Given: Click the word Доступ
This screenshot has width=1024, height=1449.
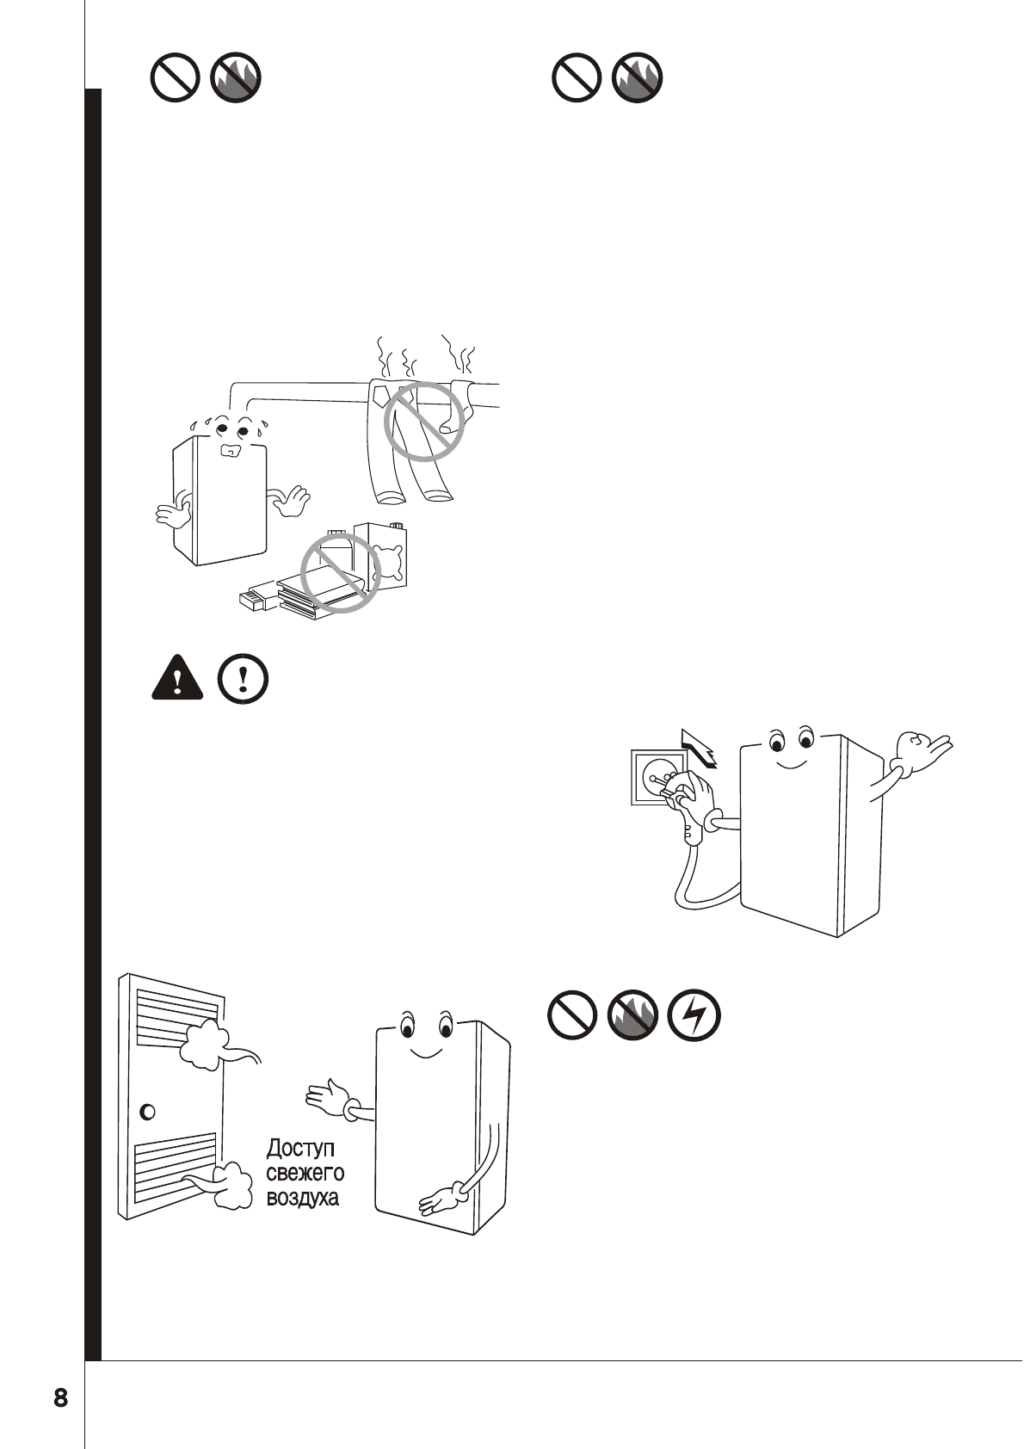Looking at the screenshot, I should coord(300,1148).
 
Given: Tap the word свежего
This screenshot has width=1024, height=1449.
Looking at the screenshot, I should coord(305,1172).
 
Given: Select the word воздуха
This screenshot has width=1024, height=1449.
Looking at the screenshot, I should coord(302,1197).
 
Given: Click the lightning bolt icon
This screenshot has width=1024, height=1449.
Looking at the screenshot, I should coord(694,1017).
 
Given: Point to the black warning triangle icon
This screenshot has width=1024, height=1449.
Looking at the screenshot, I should coord(176,677).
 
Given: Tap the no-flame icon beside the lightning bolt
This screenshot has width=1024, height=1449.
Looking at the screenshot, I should coord(632,1017).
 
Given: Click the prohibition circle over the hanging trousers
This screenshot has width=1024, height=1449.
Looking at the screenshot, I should coord(423,421).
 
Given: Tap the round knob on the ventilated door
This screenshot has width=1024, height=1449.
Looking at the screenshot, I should coord(147,1112).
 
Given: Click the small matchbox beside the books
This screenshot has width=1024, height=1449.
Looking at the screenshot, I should coord(256,600).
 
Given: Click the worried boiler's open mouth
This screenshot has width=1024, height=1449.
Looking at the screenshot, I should coord(229,451).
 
